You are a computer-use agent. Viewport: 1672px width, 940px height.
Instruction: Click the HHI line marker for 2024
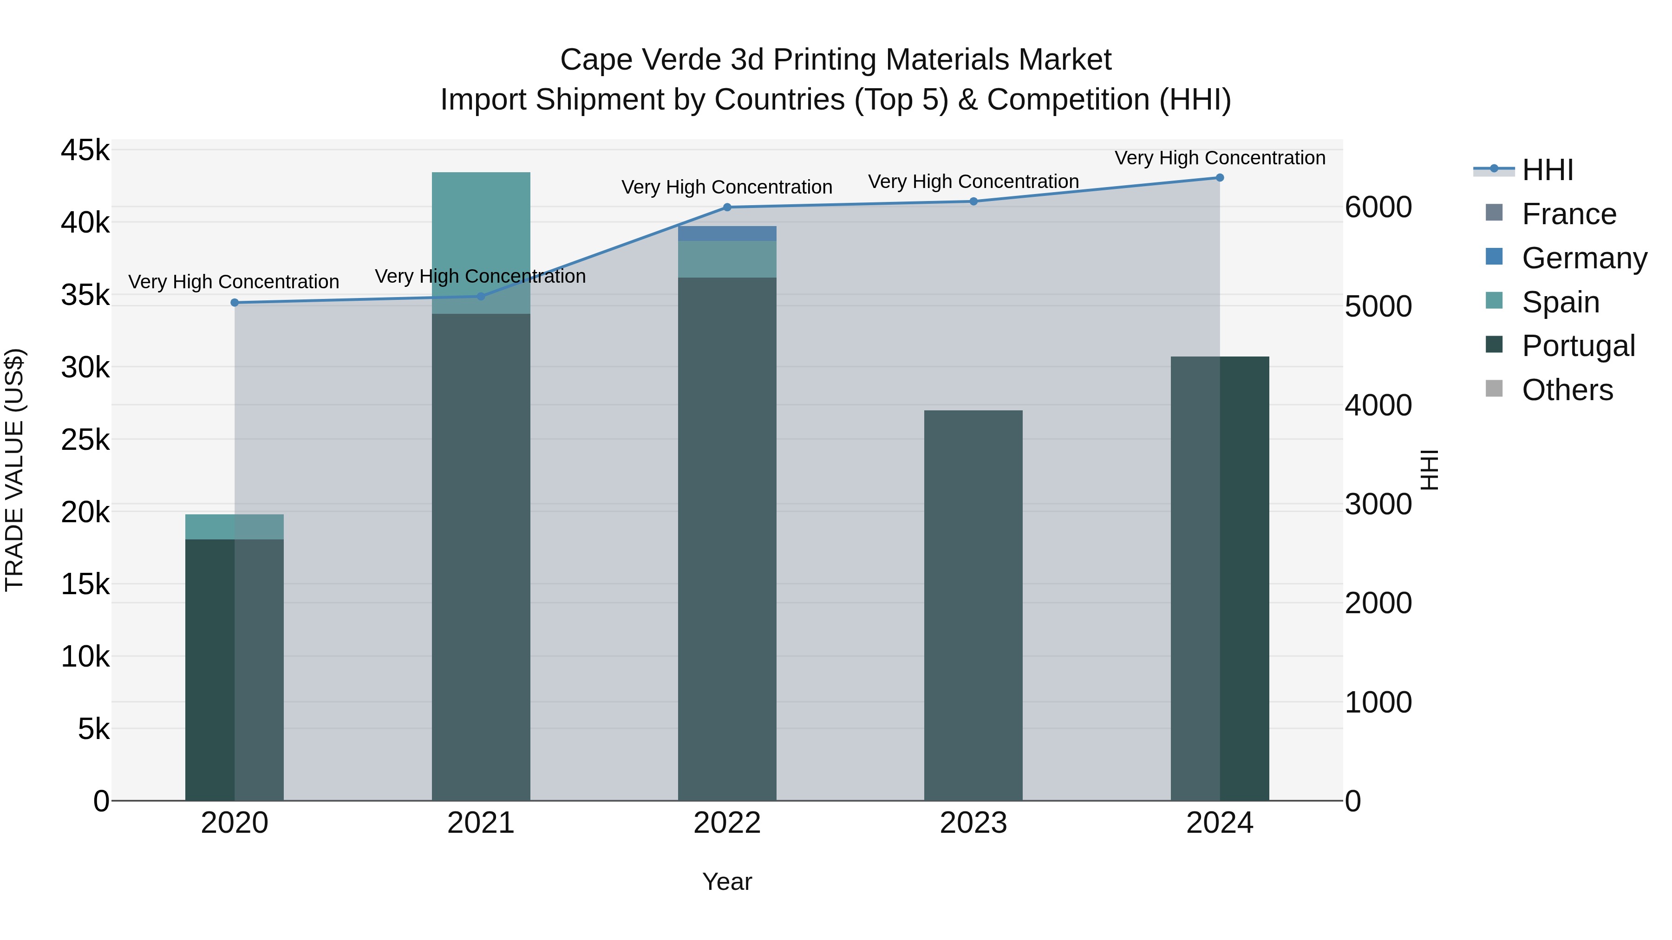click(x=1220, y=178)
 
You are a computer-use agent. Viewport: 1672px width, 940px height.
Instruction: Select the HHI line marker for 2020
click(x=235, y=303)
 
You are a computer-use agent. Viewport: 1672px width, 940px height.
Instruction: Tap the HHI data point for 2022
click(x=727, y=207)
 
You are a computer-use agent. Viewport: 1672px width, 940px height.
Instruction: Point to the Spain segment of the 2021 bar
click(x=481, y=243)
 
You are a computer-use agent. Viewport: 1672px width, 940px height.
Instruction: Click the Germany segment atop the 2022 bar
click(x=727, y=233)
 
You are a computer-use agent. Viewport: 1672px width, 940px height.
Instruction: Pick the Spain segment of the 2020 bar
click(x=235, y=527)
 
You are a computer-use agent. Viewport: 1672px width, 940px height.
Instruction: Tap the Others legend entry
click(x=1567, y=390)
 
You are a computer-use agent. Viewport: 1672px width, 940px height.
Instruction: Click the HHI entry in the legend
click(x=1548, y=170)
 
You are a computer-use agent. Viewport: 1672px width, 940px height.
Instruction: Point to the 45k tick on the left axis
click(x=85, y=150)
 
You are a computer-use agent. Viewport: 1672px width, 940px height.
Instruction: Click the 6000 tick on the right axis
click(x=1378, y=207)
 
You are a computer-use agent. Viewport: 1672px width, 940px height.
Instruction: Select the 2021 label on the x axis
click(x=481, y=823)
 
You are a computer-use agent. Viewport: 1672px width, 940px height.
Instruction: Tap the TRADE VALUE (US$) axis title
click(x=14, y=470)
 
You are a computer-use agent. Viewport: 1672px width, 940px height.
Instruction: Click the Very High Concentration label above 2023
click(x=973, y=182)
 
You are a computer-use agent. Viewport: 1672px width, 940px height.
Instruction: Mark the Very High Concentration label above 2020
click(x=234, y=282)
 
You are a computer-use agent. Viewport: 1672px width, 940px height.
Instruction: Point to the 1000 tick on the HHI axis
click(x=1378, y=702)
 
